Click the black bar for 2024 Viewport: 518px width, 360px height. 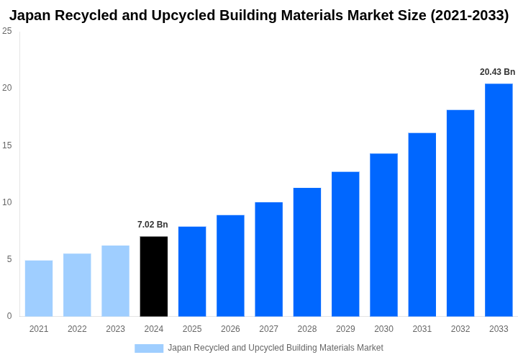153,276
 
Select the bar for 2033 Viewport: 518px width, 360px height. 499,200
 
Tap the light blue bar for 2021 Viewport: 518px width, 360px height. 39,288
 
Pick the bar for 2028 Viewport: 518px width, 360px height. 307,252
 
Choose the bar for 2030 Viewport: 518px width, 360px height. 383,235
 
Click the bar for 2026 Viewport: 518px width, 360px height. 230,266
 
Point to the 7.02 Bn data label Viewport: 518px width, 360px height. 153,225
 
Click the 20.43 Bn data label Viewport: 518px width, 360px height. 497,72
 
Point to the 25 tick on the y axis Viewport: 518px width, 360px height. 7,31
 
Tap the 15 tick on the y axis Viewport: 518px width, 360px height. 7,145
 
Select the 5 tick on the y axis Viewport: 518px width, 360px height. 9,259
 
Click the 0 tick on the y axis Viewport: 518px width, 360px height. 9,316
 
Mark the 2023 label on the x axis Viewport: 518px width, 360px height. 115,329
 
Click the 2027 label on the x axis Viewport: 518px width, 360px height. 268,329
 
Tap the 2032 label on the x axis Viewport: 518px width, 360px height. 460,329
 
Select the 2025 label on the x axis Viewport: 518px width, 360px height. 192,329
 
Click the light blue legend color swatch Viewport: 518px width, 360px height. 149,348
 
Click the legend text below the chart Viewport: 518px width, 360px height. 275,348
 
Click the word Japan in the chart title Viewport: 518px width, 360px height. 30,15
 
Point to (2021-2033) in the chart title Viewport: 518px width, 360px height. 469,15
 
